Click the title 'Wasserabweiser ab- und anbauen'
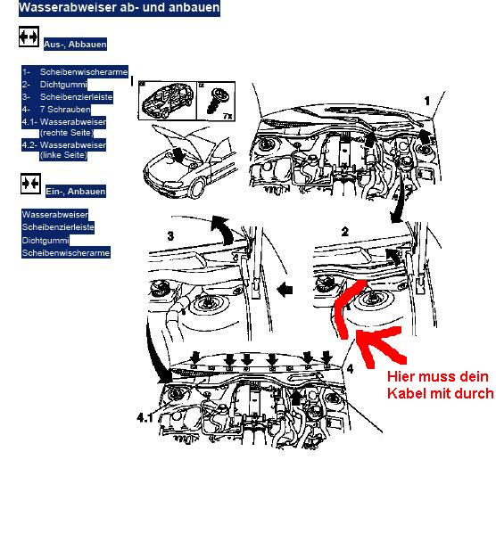point(120,7)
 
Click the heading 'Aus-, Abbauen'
point(75,45)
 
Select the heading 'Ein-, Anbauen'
point(76,192)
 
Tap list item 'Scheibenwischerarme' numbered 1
point(84,72)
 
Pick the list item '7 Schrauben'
point(65,110)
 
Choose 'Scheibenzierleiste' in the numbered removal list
point(77,97)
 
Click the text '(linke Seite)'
point(63,155)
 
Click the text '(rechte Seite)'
point(67,133)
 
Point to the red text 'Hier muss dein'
point(438,377)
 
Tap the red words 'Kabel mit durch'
point(440,393)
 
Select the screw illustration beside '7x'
point(215,100)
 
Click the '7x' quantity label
point(227,116)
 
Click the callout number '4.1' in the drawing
point(145,417)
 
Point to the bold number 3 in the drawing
point(170,235)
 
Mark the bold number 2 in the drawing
point(345,232)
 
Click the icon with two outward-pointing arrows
point(29,37)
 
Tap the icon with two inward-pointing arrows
point(30,184)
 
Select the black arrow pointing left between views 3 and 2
point(285,290)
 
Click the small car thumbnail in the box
point(168,101)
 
